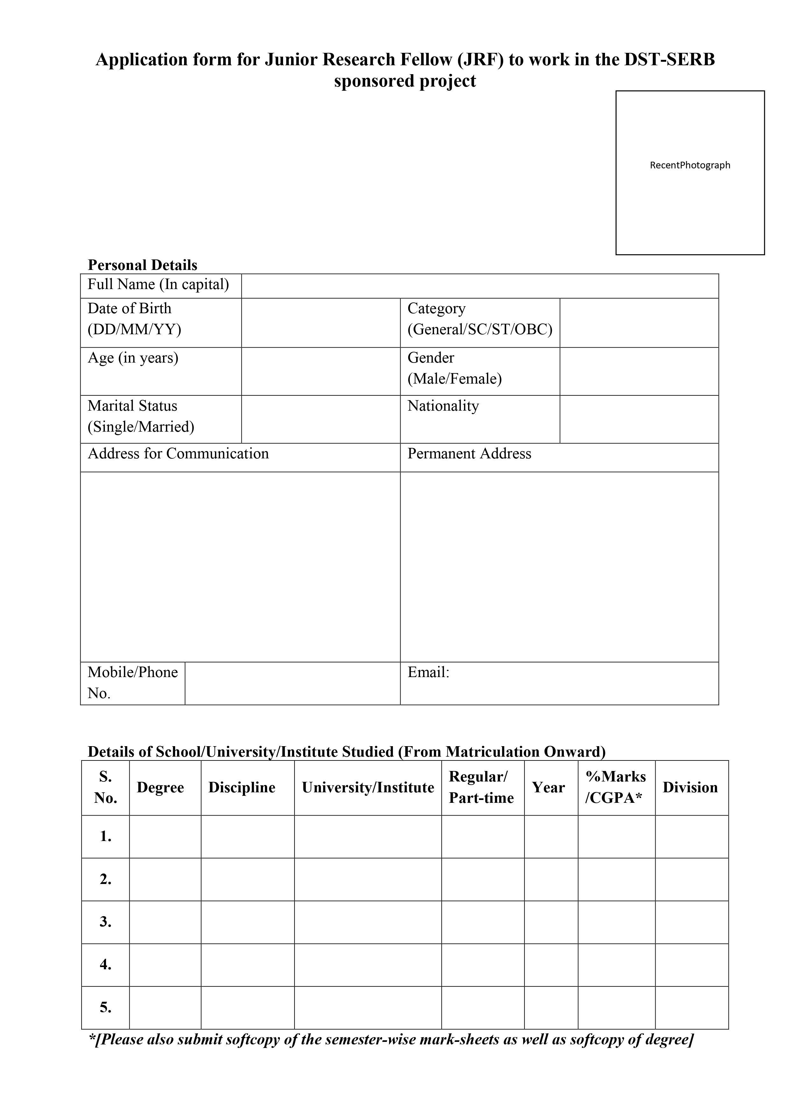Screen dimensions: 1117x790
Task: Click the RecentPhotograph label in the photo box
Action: click(690, 165)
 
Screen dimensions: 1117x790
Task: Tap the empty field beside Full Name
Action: click(480, 286)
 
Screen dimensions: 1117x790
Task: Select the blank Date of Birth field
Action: click(320, 322)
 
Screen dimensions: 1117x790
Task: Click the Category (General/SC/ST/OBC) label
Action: click(480, 319)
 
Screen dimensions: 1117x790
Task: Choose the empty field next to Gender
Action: click(639, 371)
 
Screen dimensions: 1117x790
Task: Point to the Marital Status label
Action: click(132, 406)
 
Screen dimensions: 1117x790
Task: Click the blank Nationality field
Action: click(639, 419)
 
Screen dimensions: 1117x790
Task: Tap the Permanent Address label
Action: click(469, 453)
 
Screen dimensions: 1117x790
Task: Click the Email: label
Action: click(428, 672)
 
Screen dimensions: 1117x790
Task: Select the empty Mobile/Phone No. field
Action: click(292, 683)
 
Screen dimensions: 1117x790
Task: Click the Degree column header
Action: click(160, 787)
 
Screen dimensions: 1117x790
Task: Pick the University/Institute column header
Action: click(367, 787)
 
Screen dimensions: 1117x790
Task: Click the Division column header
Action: click(690, 787)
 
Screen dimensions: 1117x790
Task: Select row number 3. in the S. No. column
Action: click(106, 922)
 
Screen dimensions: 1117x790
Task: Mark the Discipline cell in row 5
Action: click(247, 1007)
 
